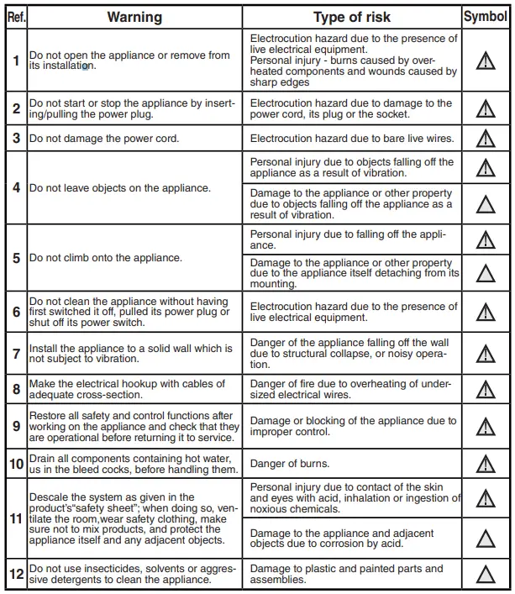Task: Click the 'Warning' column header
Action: pyautogui.click(x=134, y=17)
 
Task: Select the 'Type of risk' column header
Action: pyautogui.click(x=352, y=17)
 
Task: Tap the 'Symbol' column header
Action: pyautogui.click(x=485, y=17)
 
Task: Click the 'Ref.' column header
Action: pyautogui.click(x=15, y=17)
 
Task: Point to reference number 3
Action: pyautogui.click(x=16, y=138)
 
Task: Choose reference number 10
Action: pyautogui.click(x=16, y=464)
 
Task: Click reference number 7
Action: pyautogui.click(x=16, y=354)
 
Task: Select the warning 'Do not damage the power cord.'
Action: pyautogui.click(x=104, y=138)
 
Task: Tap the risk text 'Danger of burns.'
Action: pyautogui.click(x=290, y=464)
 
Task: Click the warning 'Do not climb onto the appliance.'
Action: pyautogui.click(x=106, y=258)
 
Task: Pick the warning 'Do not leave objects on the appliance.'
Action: pyautogui.click(x=120, y=188)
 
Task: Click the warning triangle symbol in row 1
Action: pyautogui.click(x=485, y=61)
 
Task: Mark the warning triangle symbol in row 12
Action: pyautogui.click(x=485, y=575)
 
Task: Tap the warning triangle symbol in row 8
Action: pyautogui.click(x=485, y=390)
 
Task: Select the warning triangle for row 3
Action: pyautogui.click(x=485, y=138)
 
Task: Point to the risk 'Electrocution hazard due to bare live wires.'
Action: pyautogui.click(x=352, y=138)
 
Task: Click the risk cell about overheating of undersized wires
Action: pyautogui.click(x=352, y=390)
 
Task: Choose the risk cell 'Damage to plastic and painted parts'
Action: pyautogui.click(x=352, y=575)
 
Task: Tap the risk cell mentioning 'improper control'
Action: pyautogui.click(x=352, y=426)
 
